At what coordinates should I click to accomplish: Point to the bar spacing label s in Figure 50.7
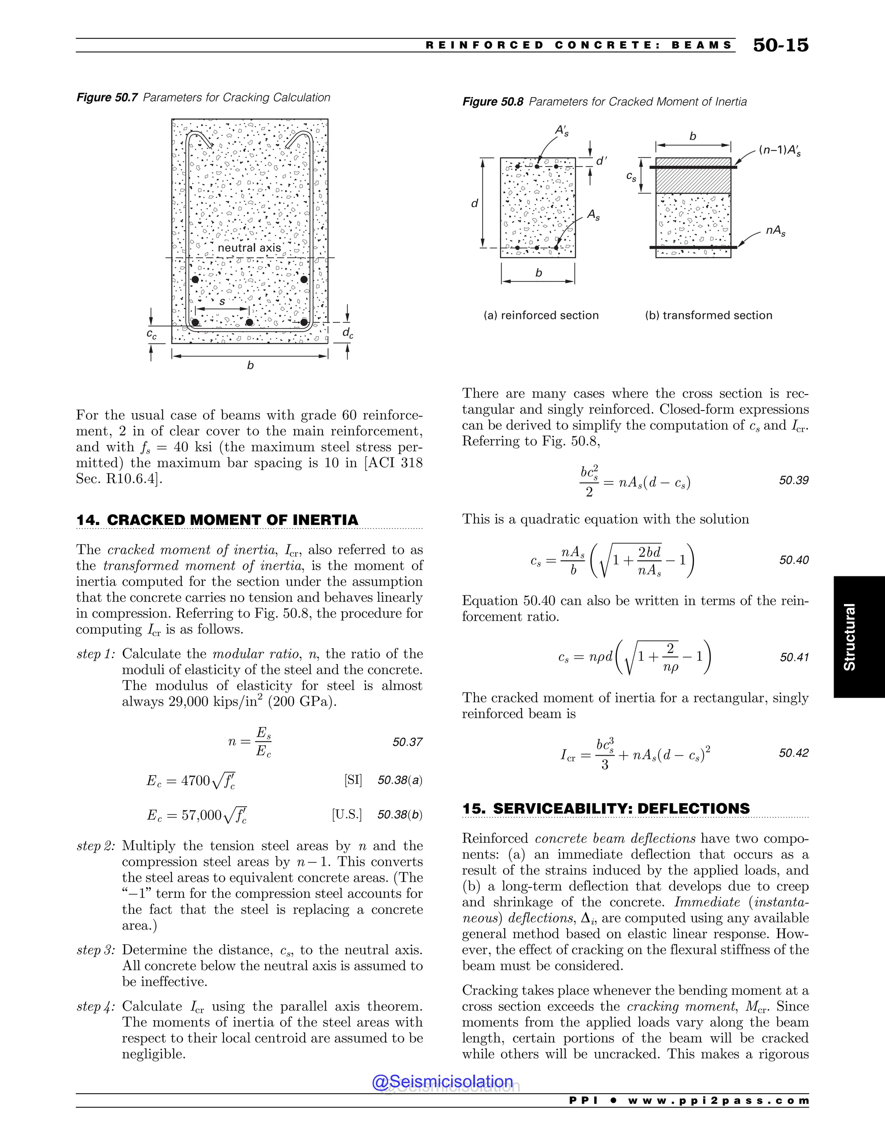click(x=222, y=302)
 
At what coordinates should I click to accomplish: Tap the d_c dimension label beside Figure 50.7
click(x=347, y=333)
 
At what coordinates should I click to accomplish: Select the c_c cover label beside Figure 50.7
click(x=152, y=334)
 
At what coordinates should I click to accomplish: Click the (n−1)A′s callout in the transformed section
click(x=780, y=150)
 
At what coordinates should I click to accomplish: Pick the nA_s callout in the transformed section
click(x=775, y=231)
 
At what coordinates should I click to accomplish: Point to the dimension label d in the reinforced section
click(x=474, y=204)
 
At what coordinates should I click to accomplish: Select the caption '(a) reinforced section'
click(x=541, y=315)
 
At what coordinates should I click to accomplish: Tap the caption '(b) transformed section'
click(x=708, y=315)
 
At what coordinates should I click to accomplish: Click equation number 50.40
click(x=793, y=560)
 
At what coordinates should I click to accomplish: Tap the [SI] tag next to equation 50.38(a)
click(x=353, y=780)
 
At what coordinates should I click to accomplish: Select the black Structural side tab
click(x=858, y=636)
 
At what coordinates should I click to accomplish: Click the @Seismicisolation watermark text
click(x=442, y=1081)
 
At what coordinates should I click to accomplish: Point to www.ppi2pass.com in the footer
click(x=718, y=1100)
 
